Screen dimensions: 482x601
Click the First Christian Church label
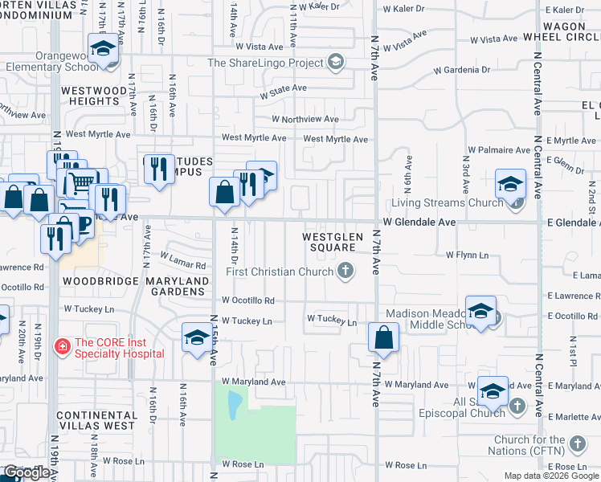coord(280,272)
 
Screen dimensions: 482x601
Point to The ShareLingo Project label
coord(265,63)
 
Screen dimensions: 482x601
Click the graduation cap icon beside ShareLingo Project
coord(336,62)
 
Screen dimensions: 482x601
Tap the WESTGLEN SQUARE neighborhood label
coord(329,242)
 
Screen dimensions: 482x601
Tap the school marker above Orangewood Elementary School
coord(103,49)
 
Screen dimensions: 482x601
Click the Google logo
coord(27,472)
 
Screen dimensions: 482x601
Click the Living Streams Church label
coord(440,202)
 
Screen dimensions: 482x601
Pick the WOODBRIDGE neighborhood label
coord(95,281)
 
